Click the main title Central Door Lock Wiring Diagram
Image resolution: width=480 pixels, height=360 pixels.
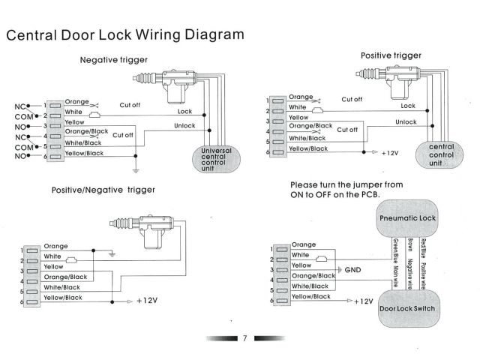pos(124,35)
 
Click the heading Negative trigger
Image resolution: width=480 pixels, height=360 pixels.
pos(113,60)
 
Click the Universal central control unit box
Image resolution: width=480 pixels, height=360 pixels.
pos(217,158)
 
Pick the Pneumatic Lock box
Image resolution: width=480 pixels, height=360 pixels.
pos(408,217)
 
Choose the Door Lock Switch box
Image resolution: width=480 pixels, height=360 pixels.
pos(407,308)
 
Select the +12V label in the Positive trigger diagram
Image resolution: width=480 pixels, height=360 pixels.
pos(388,152)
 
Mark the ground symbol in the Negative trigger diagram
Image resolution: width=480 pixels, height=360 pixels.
pos(135,160)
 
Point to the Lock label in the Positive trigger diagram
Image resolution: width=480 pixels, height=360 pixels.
pos(407,106)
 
